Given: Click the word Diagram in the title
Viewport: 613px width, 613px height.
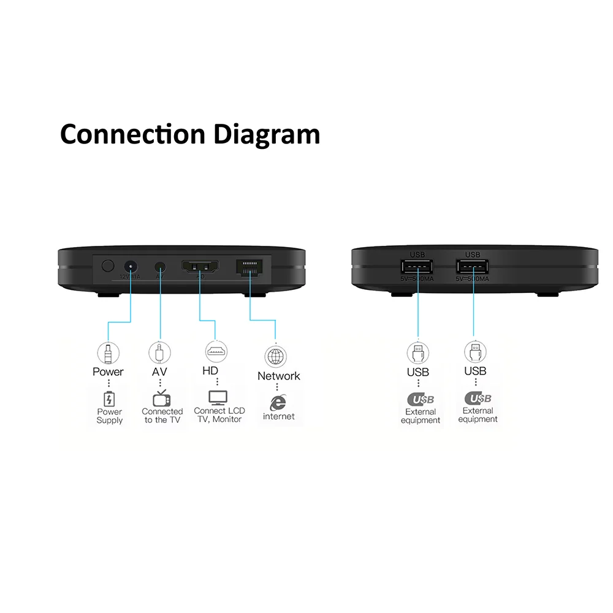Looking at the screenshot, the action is coord(267,134).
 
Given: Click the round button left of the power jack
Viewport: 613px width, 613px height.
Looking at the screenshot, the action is coord(108,266).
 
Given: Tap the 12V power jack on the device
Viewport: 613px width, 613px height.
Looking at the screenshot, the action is coord(131,267).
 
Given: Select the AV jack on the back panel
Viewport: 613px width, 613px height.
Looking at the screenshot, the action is coord(161,267).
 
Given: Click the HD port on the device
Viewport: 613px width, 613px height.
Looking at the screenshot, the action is coord(200,267).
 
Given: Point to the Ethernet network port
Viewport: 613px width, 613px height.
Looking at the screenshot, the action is coord(250,267).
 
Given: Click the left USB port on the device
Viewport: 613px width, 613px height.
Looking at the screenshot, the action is coord(417,268).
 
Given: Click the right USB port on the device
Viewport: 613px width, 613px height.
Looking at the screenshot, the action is coord(473,268).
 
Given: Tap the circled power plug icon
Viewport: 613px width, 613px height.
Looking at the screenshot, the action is coord(109,352).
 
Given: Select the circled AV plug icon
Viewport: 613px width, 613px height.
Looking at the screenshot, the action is coord(160,352).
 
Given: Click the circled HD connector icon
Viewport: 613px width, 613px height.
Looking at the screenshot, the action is coord(216,352).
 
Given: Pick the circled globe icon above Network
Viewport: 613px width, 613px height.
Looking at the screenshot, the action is coord(275,356).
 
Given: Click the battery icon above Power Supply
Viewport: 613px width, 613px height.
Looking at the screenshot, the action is coord(109,398).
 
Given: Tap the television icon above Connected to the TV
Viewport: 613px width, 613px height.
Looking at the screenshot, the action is coord(162,398).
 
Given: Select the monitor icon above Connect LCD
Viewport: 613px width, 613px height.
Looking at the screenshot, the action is coord(218,398).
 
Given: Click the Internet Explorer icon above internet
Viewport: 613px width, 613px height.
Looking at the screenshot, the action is coord(278,402).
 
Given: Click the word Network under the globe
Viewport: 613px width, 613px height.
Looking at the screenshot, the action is coord(279,376).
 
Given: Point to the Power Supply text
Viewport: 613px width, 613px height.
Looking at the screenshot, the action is coord(110,416).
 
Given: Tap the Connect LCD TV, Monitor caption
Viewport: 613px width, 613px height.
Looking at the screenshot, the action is coord(219,415).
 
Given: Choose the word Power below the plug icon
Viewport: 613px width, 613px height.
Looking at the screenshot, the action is coord(108,371).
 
